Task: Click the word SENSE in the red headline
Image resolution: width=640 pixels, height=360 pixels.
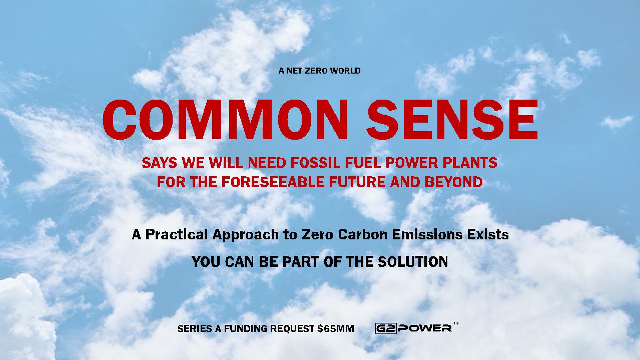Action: click(x=452, y=120)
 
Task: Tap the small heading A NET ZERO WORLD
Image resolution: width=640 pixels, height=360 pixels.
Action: click(x=319, y=71)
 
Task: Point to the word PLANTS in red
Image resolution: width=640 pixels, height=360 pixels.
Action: click(x=470, y=163)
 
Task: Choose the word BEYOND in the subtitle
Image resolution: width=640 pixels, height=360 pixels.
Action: click(x=454, y=182)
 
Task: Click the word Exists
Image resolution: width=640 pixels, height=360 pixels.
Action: click(x=488, y=234)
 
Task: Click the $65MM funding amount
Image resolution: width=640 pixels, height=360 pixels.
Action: click(x=336, y=328)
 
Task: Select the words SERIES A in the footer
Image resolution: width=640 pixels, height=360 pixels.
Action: click(x=200, y=328)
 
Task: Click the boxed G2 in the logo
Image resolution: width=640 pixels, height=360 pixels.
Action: click(x=386, y=328)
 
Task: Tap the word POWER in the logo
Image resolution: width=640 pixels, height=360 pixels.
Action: click(x=425, y=328)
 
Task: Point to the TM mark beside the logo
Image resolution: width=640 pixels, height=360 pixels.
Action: click(x=456, y=323)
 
